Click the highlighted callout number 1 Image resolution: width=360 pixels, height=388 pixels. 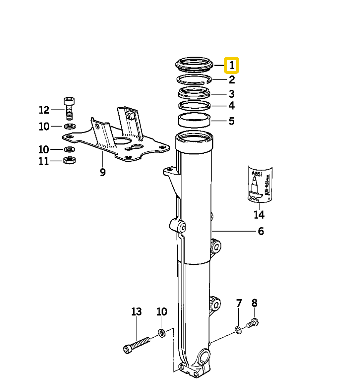(x=232, y=65)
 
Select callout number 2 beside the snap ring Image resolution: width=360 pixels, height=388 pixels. (x=232, y=80)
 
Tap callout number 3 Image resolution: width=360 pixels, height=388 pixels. (x=232, y=94)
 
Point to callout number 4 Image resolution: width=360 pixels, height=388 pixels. (x=232, y=105)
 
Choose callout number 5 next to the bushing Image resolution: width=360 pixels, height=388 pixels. (x=232, y=121)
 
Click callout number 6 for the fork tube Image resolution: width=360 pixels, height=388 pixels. (x=261, y=231)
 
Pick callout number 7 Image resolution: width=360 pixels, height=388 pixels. (x=239, y=303)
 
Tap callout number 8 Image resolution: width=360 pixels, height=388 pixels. (x=254, y=303)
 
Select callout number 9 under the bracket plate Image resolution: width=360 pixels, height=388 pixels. (x=103, y=172)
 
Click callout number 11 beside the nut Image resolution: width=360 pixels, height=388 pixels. (x=44, y=161)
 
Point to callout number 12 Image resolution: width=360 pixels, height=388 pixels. (x=44, y=110)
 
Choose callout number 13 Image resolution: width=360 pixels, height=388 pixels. (x=137, y=311)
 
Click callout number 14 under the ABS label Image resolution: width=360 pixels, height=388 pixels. (x=259, y=214)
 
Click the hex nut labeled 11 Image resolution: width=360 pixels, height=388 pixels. (x=69, y=160)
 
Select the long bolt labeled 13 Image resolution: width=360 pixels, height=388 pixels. (x=137, y=345)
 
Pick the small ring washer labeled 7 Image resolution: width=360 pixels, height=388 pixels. (x=238, y=330)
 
